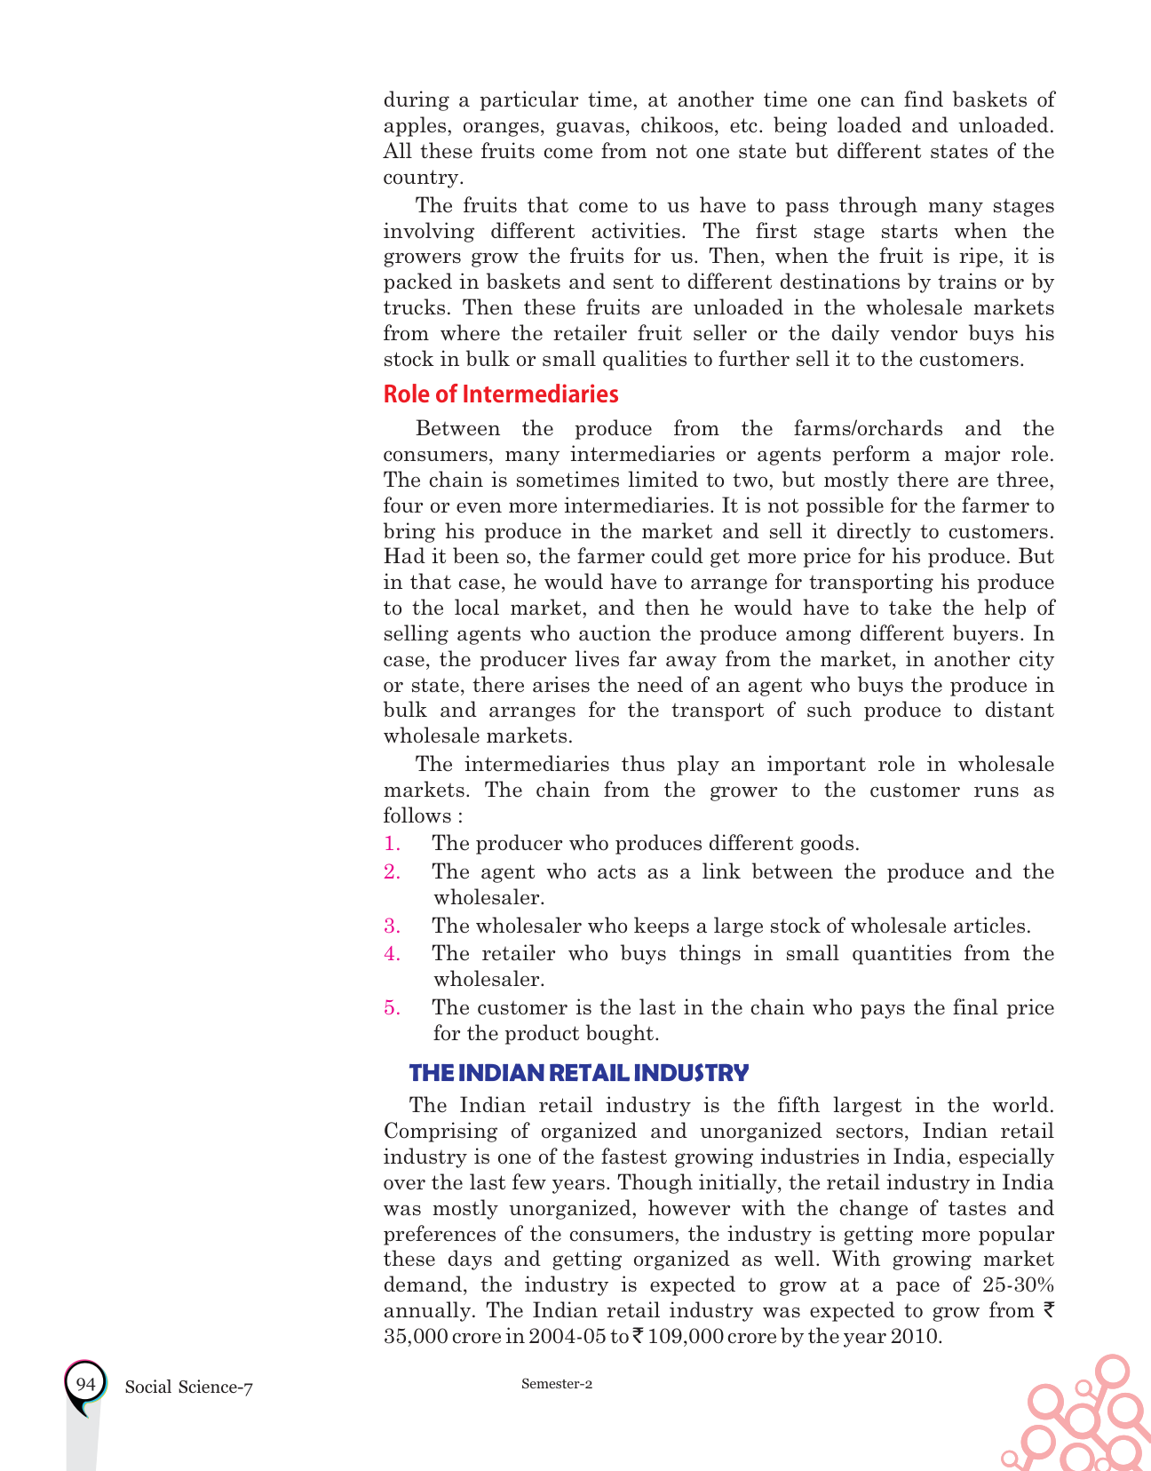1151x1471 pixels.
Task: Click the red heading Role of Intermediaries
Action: tap(500, 394)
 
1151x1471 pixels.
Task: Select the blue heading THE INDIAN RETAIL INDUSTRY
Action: tap(578, 1073)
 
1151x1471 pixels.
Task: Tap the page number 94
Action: tap(85, 1385)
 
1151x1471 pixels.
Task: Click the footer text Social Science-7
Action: tap(188, 1388)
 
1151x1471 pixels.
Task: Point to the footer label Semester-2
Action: tap(556, 1384)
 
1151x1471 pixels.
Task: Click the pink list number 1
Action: tap(392, 844)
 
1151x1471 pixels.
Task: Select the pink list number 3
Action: tap(392, 926)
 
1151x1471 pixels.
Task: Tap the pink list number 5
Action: tap(392, 1008)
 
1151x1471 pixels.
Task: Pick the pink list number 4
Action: tap(392, 954)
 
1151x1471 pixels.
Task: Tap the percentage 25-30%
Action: tap(1019, 1285)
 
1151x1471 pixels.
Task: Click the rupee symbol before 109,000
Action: tap(638, 1336)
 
